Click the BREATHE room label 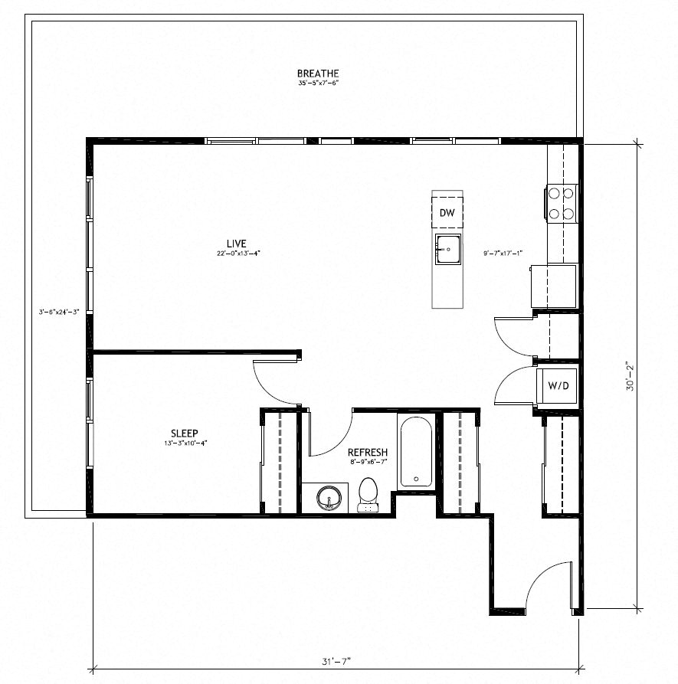point(318,74)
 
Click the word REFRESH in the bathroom point(368,452)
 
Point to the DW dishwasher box point(447,213)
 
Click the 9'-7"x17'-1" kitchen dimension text point(503,253)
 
